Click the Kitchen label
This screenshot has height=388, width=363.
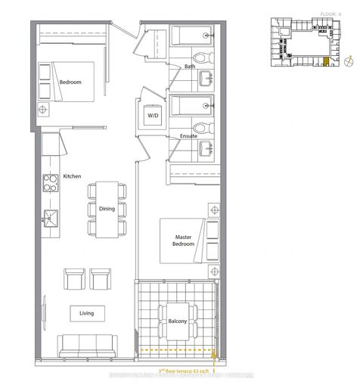point(72,176)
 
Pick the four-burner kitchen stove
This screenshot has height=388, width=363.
point(50,182)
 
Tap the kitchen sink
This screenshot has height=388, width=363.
point(50,218)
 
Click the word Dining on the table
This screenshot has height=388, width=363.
point(106,210)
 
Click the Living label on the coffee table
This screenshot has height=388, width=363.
point(86,312)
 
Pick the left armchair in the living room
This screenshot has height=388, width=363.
point(75,278)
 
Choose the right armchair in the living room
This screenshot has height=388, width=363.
point(101,278)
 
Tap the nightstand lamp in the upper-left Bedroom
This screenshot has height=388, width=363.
point(44,108)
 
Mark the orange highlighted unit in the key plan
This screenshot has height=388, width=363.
point(326,64)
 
